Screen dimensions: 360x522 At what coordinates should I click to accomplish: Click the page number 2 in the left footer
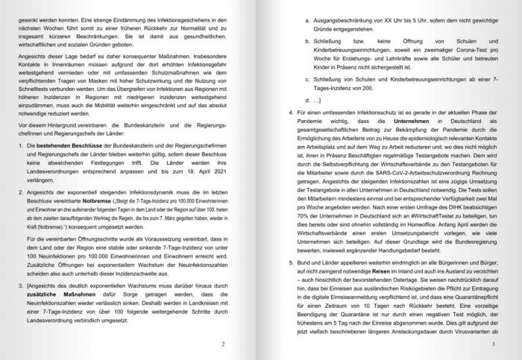click(x=222, y=344)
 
